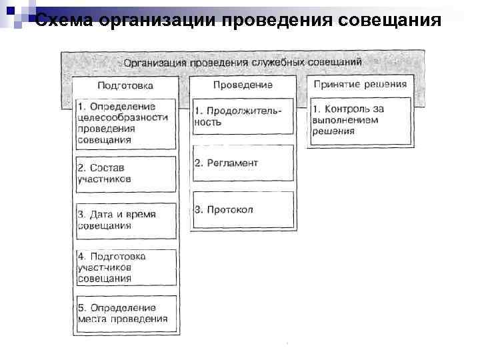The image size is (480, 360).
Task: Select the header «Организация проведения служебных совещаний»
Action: [243, 62]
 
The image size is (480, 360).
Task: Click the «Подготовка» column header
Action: [125, 85]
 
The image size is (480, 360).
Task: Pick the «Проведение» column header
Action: [243, 85]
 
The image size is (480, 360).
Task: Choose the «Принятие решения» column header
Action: [360, 85]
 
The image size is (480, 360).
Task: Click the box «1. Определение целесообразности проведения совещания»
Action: [126, 123]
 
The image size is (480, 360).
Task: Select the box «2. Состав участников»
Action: [126, 173]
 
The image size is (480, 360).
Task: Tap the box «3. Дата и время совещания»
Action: [126, 220]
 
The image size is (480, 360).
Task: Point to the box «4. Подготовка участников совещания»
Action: [126, 267]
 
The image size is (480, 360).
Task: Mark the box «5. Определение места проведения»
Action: [126, 313]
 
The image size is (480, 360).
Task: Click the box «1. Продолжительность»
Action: [243, 117]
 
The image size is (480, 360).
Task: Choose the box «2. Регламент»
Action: [243, 163]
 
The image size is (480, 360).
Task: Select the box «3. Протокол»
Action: [243, 210]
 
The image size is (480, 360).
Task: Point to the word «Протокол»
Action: [230, 210]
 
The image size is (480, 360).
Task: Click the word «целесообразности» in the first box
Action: [121, 117]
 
